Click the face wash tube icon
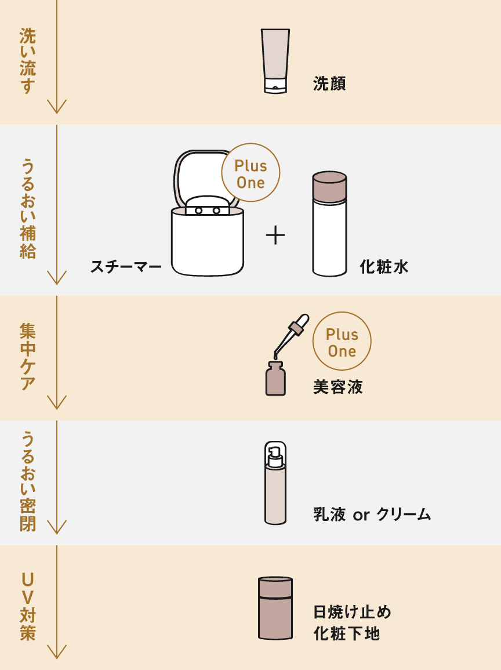coord(275,60)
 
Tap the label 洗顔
coord(329,84)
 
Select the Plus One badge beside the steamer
coord(251,173)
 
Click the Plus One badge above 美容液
coord(342,342)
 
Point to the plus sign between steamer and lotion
coord(275,236)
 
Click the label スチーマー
coord(126,267)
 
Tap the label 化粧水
coord(384,267)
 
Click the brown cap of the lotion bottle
coord(329,186)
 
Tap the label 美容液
coord(338,387)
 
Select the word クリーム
coord(404,515)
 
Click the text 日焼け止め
coord(352,612)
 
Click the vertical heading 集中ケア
coord(28,357)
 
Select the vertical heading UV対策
coord(28,606)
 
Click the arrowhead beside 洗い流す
coord(57,107)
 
